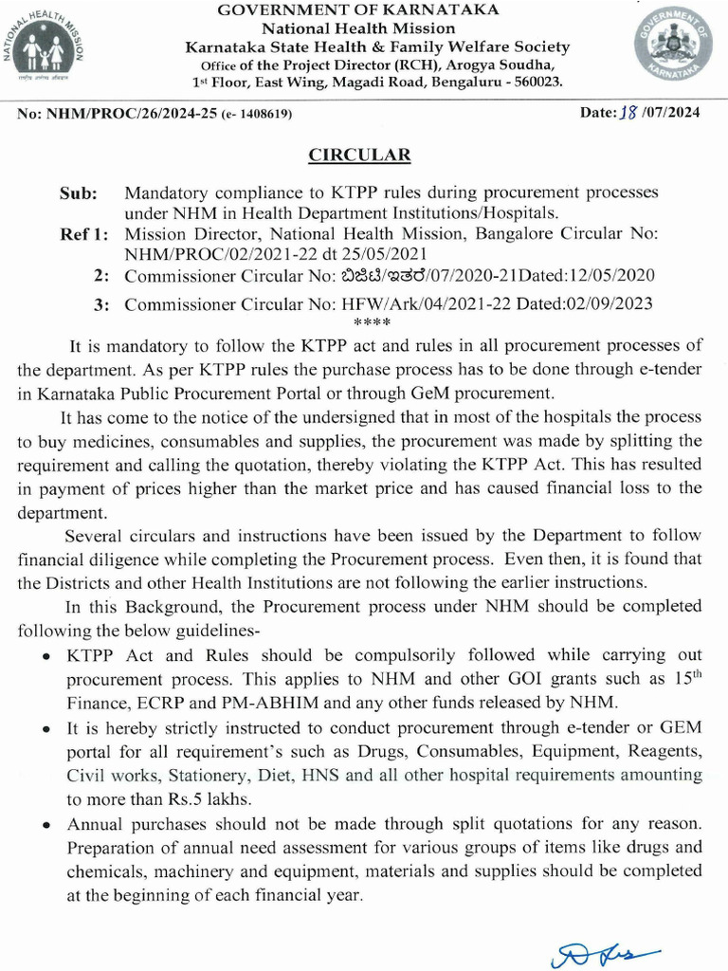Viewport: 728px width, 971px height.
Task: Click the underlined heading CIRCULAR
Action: (x=359, y=155)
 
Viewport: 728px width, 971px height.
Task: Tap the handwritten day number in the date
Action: (x=627, y=113)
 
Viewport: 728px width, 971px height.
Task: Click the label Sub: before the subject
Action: (x=79, y=193)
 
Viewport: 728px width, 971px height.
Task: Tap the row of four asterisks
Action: (x=366, y=323)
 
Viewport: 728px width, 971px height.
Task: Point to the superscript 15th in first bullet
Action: (x=682, y=676)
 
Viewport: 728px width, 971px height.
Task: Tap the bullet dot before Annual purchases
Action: (x=45, y=824)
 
